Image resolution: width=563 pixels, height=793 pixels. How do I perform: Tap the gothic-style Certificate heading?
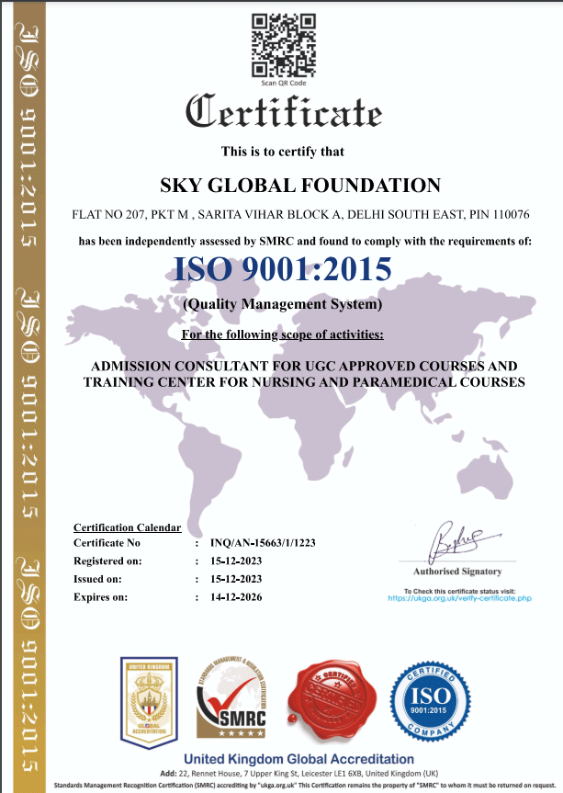point(283,112)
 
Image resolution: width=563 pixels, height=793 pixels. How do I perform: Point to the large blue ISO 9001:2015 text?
point(283,268)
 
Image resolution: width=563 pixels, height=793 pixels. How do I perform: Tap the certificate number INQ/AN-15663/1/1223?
point(263,543)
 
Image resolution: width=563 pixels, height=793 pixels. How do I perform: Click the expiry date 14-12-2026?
point(237,596)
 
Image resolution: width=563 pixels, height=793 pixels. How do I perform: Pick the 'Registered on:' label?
point(107,561)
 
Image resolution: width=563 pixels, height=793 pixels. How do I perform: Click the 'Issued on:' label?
point(96,579)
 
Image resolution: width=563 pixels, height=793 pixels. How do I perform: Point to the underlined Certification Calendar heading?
point(127,527)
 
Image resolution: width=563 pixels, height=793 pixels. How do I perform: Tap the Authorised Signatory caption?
point(456,571)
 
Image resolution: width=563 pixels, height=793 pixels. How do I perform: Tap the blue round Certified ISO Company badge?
point(423,702)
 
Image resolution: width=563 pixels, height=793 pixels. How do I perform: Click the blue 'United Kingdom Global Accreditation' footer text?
point(299,759)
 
